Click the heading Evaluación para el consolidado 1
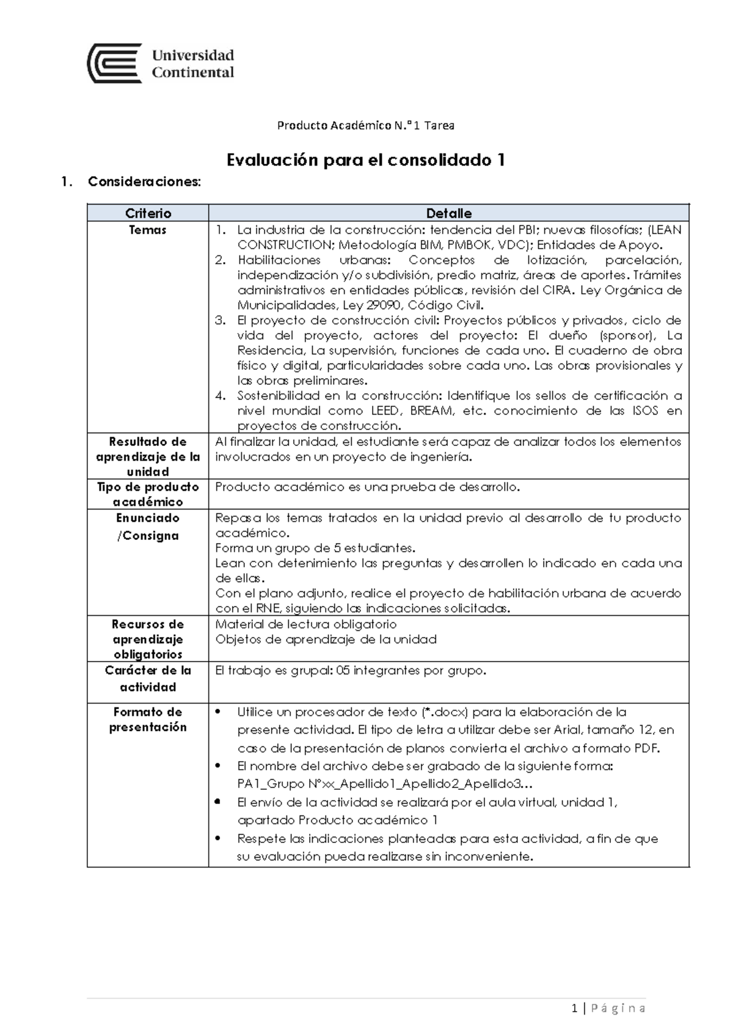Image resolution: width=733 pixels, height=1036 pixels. click(365, 160)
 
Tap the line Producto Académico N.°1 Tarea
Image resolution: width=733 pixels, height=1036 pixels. click(365, 126)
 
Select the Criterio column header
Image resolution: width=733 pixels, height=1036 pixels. click(148, 213)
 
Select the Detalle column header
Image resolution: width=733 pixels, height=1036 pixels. click(448, 213)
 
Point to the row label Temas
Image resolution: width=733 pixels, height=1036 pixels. click(148, 230)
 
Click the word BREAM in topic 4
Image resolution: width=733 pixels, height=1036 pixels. click(432, 411)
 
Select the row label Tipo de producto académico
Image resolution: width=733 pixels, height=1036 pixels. click(148, 494)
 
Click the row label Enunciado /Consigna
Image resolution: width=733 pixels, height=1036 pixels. click(148, 527)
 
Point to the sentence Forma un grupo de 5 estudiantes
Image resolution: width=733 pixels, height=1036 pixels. click(315, 548)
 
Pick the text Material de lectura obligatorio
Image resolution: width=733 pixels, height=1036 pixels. click(306, 624)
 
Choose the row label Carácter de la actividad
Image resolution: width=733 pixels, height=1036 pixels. click(148, 679)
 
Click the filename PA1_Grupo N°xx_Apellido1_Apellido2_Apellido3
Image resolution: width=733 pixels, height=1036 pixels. click(379, 784)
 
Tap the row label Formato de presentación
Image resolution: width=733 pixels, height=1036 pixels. click(148, 720)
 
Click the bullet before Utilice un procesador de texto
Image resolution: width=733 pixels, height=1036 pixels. click(219, 712)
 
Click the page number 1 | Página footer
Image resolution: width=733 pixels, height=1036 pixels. click(608, 1008)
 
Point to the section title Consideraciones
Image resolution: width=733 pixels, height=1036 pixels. click(144, 182)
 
